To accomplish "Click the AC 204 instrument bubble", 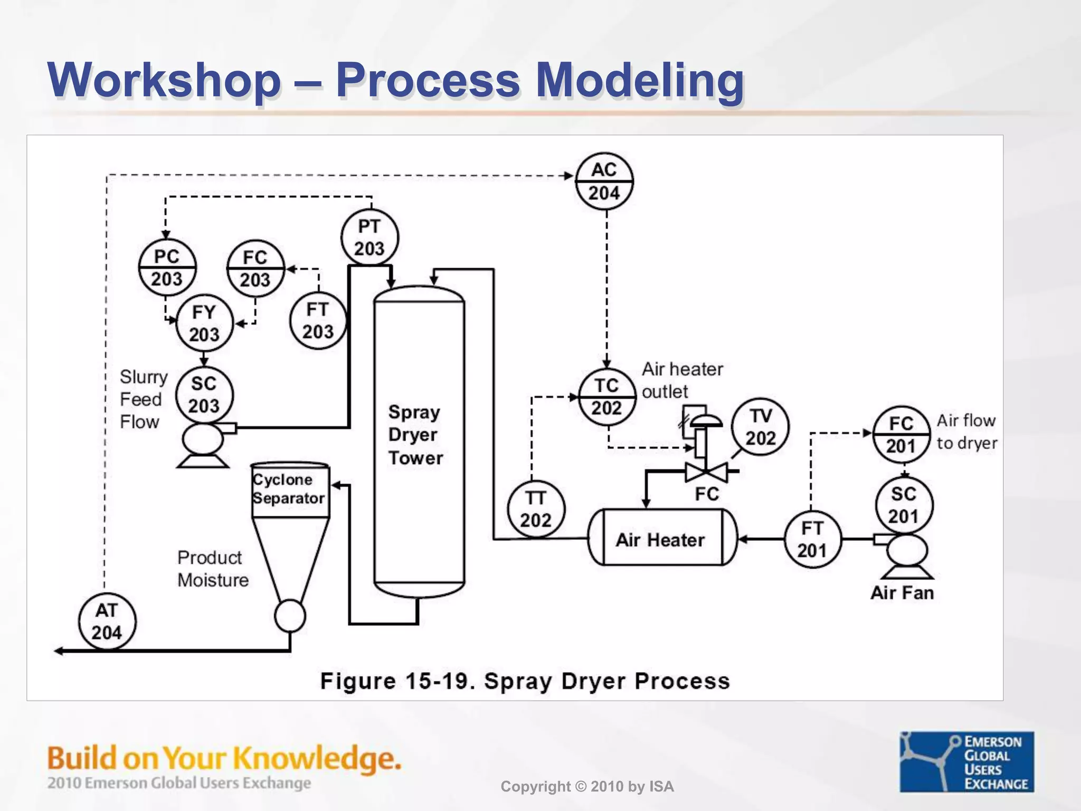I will pos(604,181).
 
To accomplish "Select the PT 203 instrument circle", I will pos(369,237).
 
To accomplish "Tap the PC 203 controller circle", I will pos(167,268).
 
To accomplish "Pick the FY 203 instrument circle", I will pos(204,323).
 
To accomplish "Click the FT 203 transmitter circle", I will pos(318,320).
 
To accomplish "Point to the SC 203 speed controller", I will pos(204,394).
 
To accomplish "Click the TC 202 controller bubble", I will pos(606,397).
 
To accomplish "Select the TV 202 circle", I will pos(760,427).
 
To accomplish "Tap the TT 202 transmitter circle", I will pos(536,509).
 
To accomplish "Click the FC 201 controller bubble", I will pos(900,435).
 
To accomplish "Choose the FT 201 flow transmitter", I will pos(812,539).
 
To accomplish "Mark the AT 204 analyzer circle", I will pos(107,621).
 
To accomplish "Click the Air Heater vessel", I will pos(661,538).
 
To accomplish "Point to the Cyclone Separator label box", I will pos(289,489).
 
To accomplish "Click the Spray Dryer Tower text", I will pos(415,435).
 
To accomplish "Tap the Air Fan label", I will pos(902,592).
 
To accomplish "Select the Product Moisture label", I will pos(213,569).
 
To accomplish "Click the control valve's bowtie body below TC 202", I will pos(706,471).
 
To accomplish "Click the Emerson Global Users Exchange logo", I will pos(966,761).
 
